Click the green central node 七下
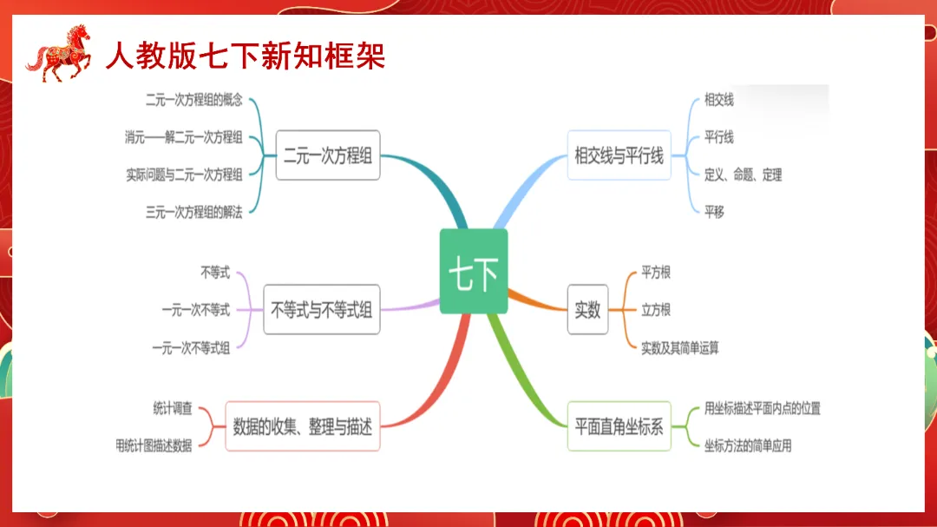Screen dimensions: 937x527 coord(473,271)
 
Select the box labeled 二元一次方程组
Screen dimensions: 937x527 coord(328,155)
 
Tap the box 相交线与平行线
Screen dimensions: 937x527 coord(619,155)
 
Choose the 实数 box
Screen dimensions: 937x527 coord(587,309)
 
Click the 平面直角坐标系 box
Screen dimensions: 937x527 coord(619,426)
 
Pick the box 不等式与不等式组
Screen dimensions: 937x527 coord(321,309)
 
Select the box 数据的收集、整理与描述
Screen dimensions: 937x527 coord(302,426)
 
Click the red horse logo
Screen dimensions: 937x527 coord(59,54)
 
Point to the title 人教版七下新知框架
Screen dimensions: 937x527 coord(246,56)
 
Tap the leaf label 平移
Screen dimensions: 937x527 coord(714,212)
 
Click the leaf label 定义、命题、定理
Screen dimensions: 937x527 coord(744,175)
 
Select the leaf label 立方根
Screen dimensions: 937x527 coord(656,310)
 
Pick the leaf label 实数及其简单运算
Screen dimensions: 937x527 coord(680,347)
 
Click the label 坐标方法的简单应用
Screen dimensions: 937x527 coord(748,445)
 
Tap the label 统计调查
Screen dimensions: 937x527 coord(172,408)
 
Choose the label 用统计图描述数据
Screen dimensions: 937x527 coord(154,445)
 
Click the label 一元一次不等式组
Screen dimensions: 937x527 coord(191,347)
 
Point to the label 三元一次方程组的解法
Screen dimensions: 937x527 coord(194,212)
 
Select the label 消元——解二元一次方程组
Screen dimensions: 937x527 coord(184,137)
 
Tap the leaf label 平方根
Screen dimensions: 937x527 coord(656,273)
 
